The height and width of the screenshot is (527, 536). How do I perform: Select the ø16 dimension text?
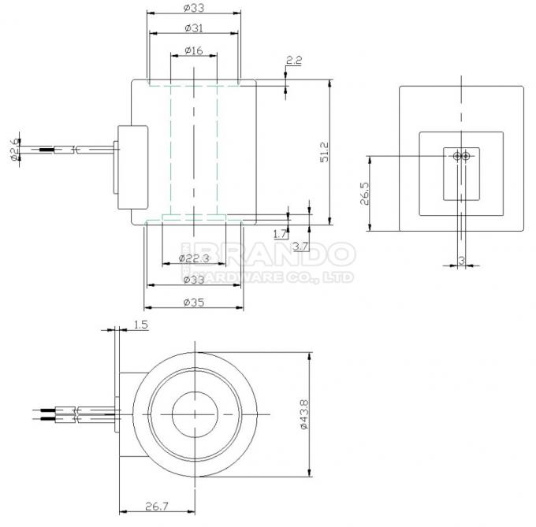point(194,50)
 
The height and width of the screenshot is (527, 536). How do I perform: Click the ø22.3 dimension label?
point(194,258)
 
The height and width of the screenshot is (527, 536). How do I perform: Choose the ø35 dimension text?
point(194,301)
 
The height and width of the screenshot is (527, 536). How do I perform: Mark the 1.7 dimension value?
point(279,234)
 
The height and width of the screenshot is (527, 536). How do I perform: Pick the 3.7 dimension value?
point(300,247)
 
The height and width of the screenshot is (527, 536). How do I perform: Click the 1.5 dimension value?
point(140,324)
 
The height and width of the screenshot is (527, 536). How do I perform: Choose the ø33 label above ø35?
point(194,279)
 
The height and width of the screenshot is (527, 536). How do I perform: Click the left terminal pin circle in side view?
point(457,156)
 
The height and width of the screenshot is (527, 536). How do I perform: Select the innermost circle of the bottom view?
point(194,413)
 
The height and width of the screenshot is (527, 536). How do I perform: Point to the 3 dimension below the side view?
point(460,258)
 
